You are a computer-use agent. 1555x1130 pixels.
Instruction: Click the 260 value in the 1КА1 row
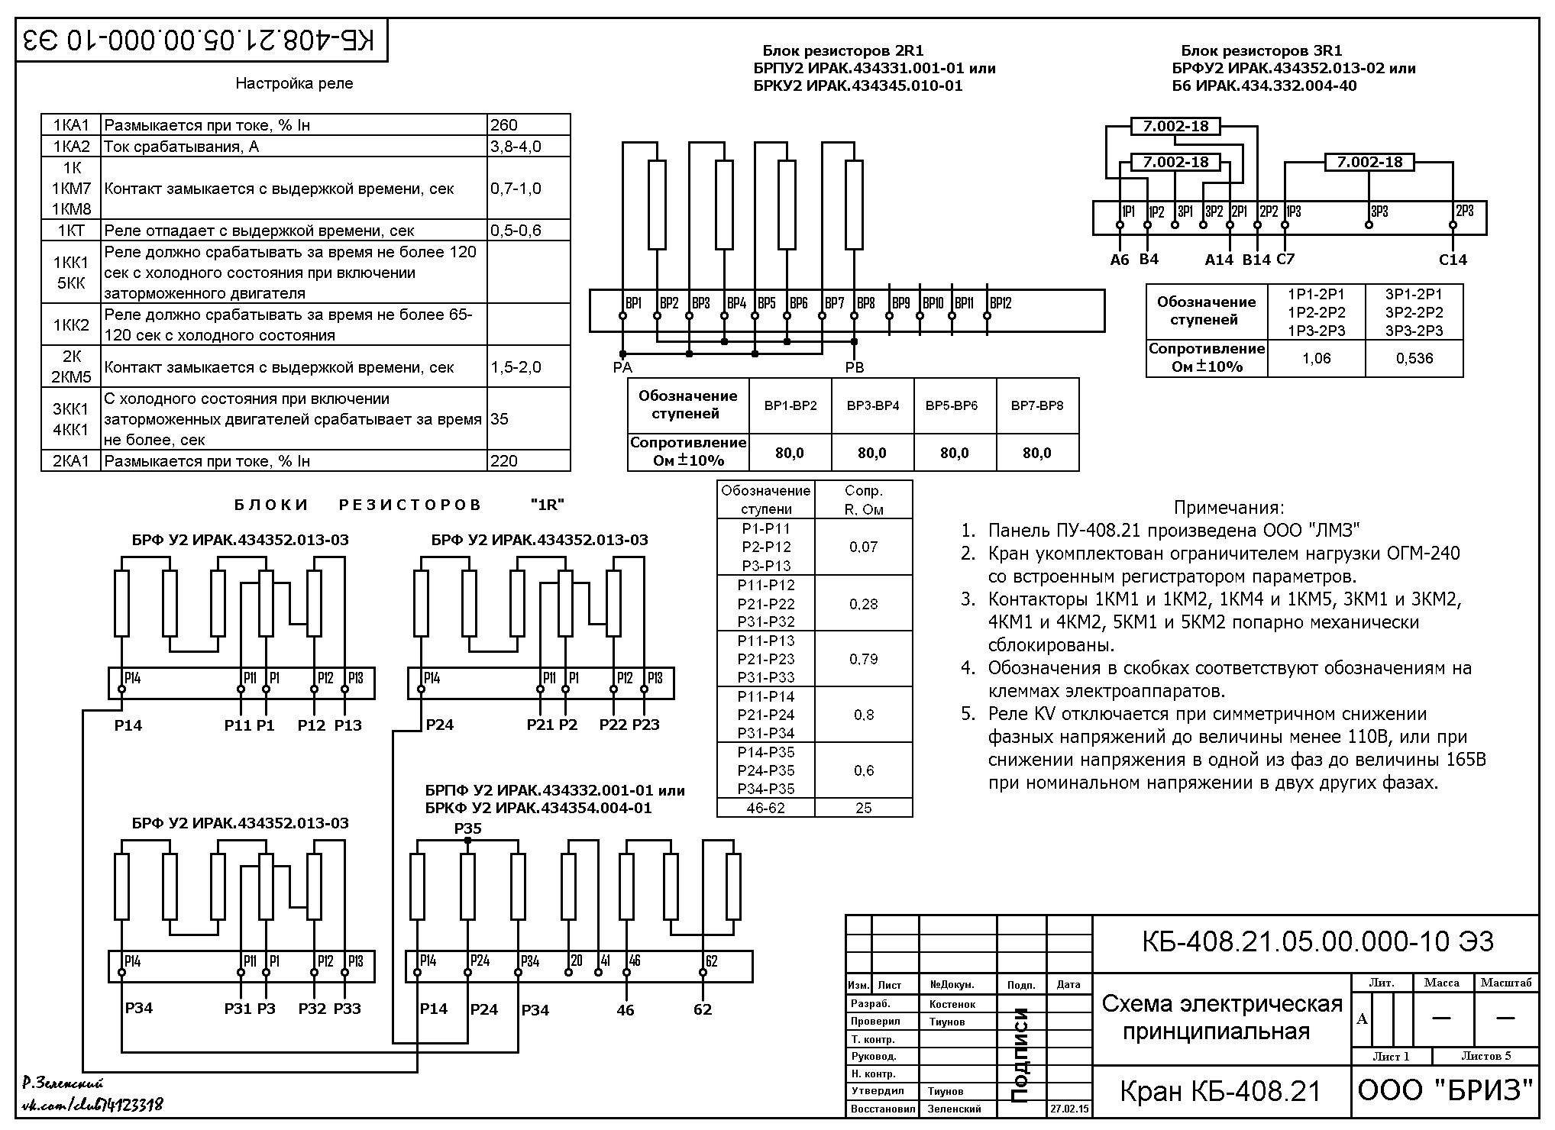coord(504,125)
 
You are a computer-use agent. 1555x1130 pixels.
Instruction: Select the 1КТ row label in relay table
coord(70,230)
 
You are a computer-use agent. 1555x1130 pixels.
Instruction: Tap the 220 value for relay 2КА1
coord(504,460)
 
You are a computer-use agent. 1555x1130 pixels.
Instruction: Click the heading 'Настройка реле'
coord(294,83)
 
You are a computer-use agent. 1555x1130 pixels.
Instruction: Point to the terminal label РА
coord(622,367)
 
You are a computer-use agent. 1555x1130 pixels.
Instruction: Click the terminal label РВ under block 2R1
coord(855,367)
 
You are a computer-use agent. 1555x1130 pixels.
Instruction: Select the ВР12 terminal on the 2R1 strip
coord(1001,303)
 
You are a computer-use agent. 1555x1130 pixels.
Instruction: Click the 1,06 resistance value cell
coord(1317,358)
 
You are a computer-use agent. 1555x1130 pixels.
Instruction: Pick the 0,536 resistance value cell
coord(1414,358)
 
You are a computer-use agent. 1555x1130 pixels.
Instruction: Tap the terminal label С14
coord(1453,260)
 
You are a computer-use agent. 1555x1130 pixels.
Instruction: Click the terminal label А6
coord(1119,260)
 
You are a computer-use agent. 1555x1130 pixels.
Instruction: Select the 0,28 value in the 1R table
coord(864,604)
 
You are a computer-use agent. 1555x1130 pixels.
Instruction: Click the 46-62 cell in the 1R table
coord(766,808)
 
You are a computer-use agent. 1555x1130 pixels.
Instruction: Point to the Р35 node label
coord(467,828)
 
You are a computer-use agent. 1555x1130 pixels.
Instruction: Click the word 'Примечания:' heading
coord(1229,508)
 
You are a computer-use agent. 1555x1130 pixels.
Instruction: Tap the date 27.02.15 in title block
coord(1070,1108)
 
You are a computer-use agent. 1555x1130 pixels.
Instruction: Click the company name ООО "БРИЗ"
coord(1445,1090)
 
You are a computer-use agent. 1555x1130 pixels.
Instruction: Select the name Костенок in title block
coord(952,1004)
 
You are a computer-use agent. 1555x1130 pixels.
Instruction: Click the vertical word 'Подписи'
coord(1020,1055)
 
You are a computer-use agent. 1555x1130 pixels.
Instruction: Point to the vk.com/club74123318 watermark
coord(92,1105)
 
